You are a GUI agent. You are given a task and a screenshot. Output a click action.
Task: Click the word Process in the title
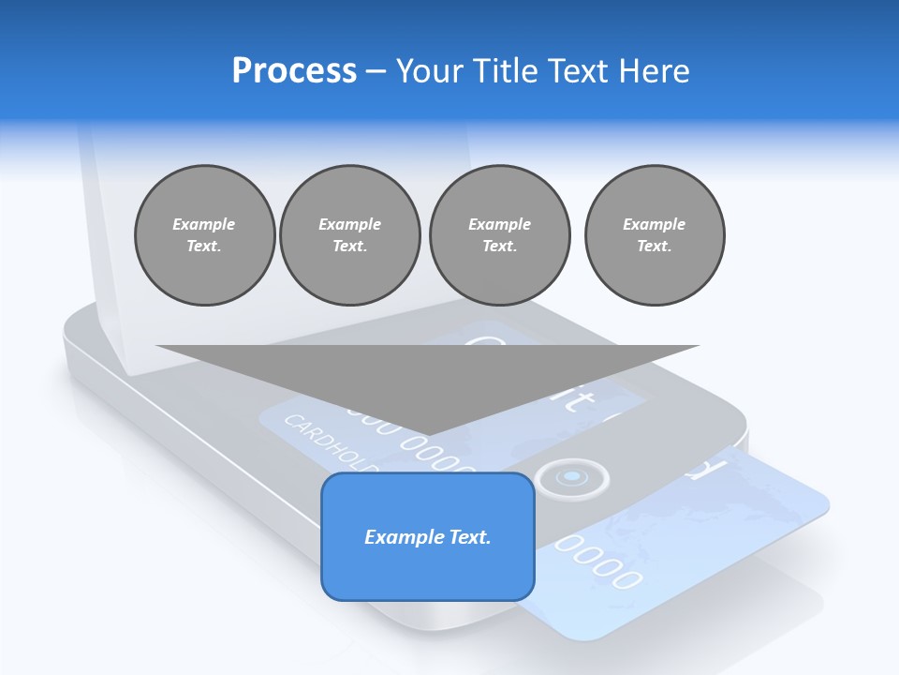[x=294, y=70]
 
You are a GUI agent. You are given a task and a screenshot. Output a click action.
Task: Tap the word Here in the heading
[x=656, y=70]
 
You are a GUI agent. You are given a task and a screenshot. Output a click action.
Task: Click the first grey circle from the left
[x=204, y=235]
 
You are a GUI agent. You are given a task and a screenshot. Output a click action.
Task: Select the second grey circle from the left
[x=350, y=235]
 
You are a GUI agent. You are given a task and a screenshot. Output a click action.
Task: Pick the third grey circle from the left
[x=499, y=235]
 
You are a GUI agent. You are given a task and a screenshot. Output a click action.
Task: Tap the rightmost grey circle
[x=655, y=235]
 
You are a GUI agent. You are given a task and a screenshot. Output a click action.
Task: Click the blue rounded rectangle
[x=428, y=572]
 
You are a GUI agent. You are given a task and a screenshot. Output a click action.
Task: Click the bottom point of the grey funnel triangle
[x=428, y=434]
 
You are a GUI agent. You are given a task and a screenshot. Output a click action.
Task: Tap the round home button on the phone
[x=571, y=479]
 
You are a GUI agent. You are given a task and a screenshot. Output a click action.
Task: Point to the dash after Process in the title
[x=376, y=71]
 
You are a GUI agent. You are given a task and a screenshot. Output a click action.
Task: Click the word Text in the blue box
[x=469, y=537]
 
